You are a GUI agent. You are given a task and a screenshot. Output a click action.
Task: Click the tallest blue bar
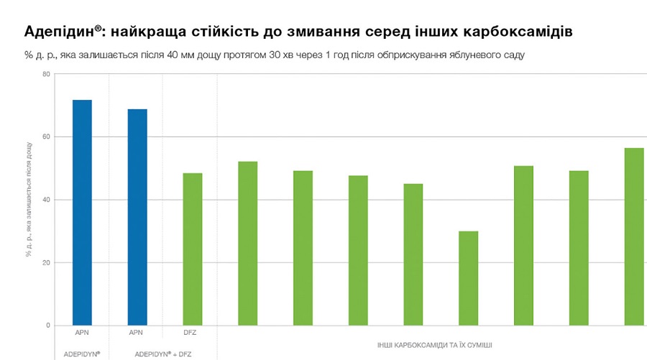click(82, 212)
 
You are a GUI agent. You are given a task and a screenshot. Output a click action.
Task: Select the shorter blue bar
click(137, 217)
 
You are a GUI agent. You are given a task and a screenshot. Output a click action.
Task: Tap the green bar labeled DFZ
click(192, 249)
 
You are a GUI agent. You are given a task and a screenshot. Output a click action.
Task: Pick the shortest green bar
click(468, 278)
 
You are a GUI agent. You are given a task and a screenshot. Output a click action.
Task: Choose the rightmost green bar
click(634, 236)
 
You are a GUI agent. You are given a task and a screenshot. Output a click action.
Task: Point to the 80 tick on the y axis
click(47, 74)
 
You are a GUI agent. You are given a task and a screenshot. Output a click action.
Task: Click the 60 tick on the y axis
click(47, 137)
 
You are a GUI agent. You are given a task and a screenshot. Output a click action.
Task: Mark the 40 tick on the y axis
click(47, 200)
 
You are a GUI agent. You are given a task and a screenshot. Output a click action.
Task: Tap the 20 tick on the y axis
click(47, 262)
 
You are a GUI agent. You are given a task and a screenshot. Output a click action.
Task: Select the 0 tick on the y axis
click(48, 326)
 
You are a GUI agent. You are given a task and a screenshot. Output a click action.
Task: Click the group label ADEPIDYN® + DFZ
click(163, 354)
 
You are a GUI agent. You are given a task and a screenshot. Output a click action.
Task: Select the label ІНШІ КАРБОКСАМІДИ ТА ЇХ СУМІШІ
click(430, 346)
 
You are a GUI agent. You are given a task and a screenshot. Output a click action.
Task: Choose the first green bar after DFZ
click(247, 244)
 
